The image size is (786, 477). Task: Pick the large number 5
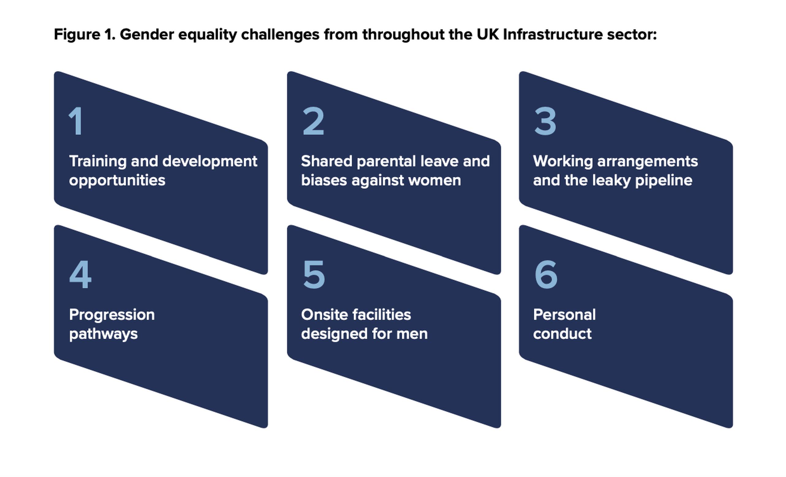point(314,275)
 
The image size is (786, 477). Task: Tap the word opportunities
point(117,181)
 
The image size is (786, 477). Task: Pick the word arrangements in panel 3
point(648,162)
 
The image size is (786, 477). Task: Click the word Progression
point(112,315)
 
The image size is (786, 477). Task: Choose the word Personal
point(564,315)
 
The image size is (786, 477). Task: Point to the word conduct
point(562,334)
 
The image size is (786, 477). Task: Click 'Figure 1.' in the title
point(85,34)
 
